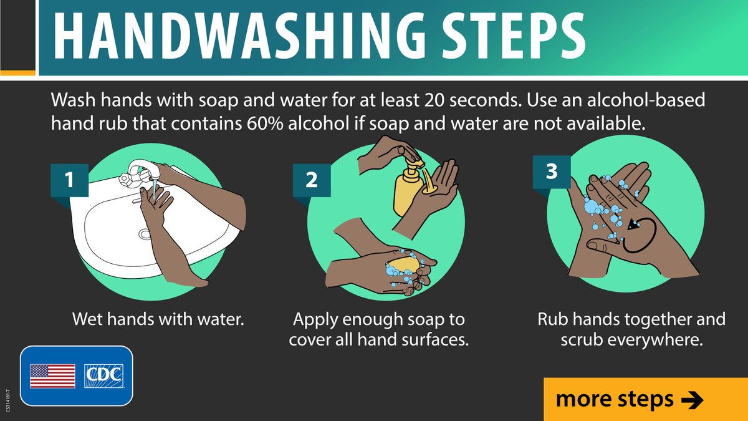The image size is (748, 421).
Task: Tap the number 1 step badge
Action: click(69, 180)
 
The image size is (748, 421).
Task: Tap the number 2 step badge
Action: click(311, 180)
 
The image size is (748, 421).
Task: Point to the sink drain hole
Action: click(145, 235)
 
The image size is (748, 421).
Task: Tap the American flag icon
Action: click(52, 376)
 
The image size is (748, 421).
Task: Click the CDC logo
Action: click(104, 376)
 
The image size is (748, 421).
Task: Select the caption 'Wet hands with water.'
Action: click(157, 320)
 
